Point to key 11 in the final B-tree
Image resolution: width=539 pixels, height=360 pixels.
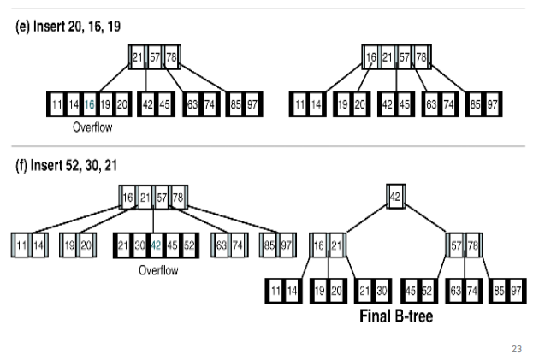point(275,292)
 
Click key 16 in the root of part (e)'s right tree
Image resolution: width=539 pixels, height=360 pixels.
point(370,57)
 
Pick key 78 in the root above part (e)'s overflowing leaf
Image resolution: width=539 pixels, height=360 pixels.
point(171,57)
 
